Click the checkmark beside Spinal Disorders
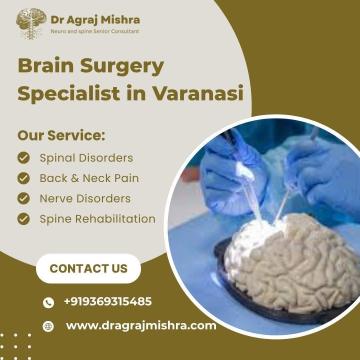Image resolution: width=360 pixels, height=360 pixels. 24,157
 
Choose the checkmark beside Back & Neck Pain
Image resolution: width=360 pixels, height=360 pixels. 24,177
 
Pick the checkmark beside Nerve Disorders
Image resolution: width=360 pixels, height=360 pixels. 24,197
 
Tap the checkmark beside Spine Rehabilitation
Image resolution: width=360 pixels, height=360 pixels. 24,218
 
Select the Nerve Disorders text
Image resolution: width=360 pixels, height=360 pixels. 84,197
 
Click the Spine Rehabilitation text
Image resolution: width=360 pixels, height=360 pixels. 97,218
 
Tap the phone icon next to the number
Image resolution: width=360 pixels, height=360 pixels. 47,301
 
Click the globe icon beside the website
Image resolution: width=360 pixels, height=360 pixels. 47,326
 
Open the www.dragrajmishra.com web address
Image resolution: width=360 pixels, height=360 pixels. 140,326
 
